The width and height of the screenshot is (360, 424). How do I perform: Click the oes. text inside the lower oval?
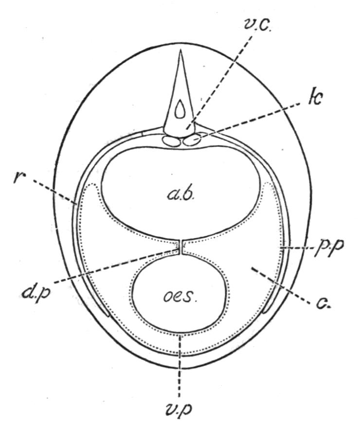(x=180, y=295)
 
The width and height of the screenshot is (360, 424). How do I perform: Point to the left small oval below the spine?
(x=171, y=141)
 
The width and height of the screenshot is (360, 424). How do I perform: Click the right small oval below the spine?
(x=191, y=141)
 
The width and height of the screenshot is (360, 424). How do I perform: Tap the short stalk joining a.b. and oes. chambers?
(x=180, y=247)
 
